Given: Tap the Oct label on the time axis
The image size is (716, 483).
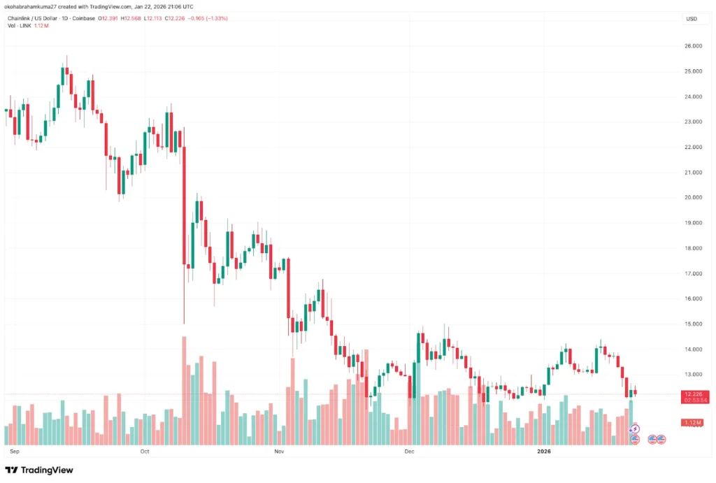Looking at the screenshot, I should pos(145,451).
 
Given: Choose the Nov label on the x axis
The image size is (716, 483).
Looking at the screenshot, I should pos(280,451).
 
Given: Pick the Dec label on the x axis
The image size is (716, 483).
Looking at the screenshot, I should pos(410,451).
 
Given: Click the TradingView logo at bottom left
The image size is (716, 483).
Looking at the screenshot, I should pos(39,470).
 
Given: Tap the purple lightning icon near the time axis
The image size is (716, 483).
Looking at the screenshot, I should pos(635,428).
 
